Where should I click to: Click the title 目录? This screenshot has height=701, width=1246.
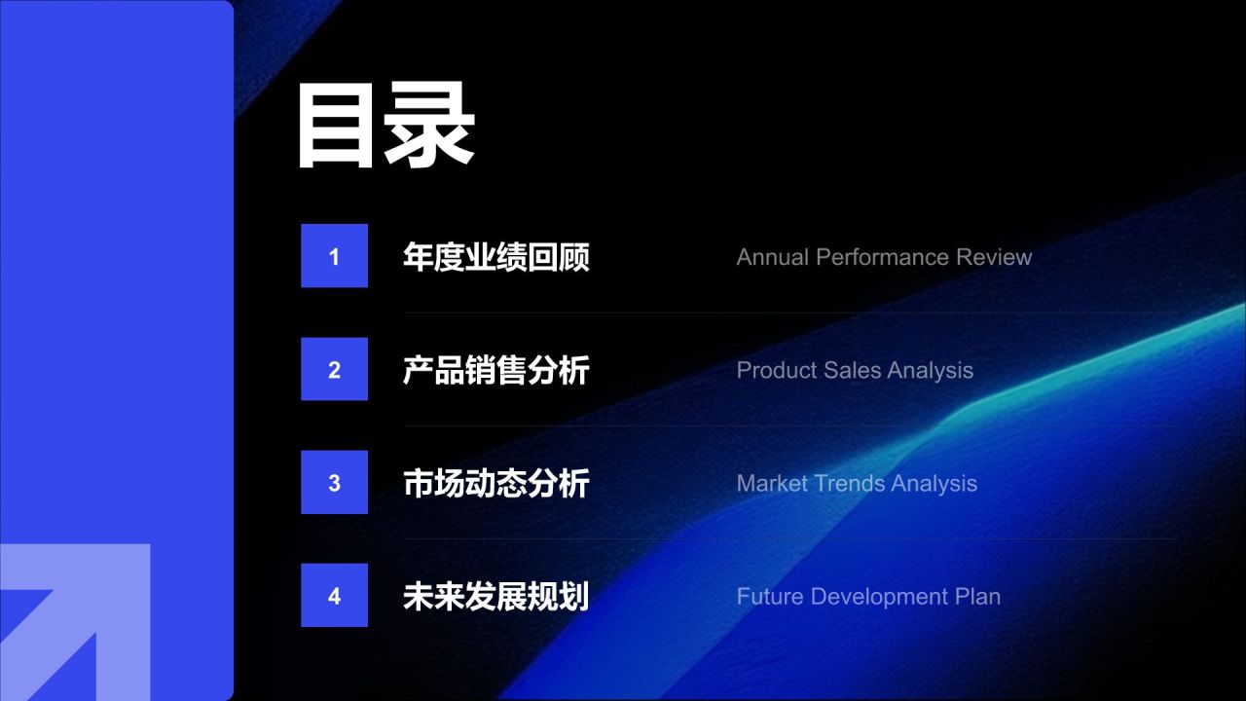click(385, 125)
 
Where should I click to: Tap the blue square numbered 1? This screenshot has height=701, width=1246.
click(334, 256)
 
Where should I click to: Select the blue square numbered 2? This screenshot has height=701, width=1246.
click(334, 369)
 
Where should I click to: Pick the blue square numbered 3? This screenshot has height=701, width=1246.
click(334, 482)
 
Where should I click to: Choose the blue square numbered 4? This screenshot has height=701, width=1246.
click(334, 595)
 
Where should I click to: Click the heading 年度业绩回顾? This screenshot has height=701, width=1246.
click(496, 257)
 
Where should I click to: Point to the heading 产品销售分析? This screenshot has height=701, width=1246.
click(496, 370)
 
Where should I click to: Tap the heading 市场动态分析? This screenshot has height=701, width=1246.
click(496, 483)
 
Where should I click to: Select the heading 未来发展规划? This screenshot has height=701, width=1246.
click(496, 597)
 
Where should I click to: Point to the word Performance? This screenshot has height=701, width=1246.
click(883, 257)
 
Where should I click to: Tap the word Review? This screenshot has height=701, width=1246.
click(994, 257)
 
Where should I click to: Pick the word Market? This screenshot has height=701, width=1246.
click(772, 483)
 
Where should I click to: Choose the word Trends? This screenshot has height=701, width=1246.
click(850, 483)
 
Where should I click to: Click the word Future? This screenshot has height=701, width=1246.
click(770, 597)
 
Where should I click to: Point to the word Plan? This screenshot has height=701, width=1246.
click(978, 597)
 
